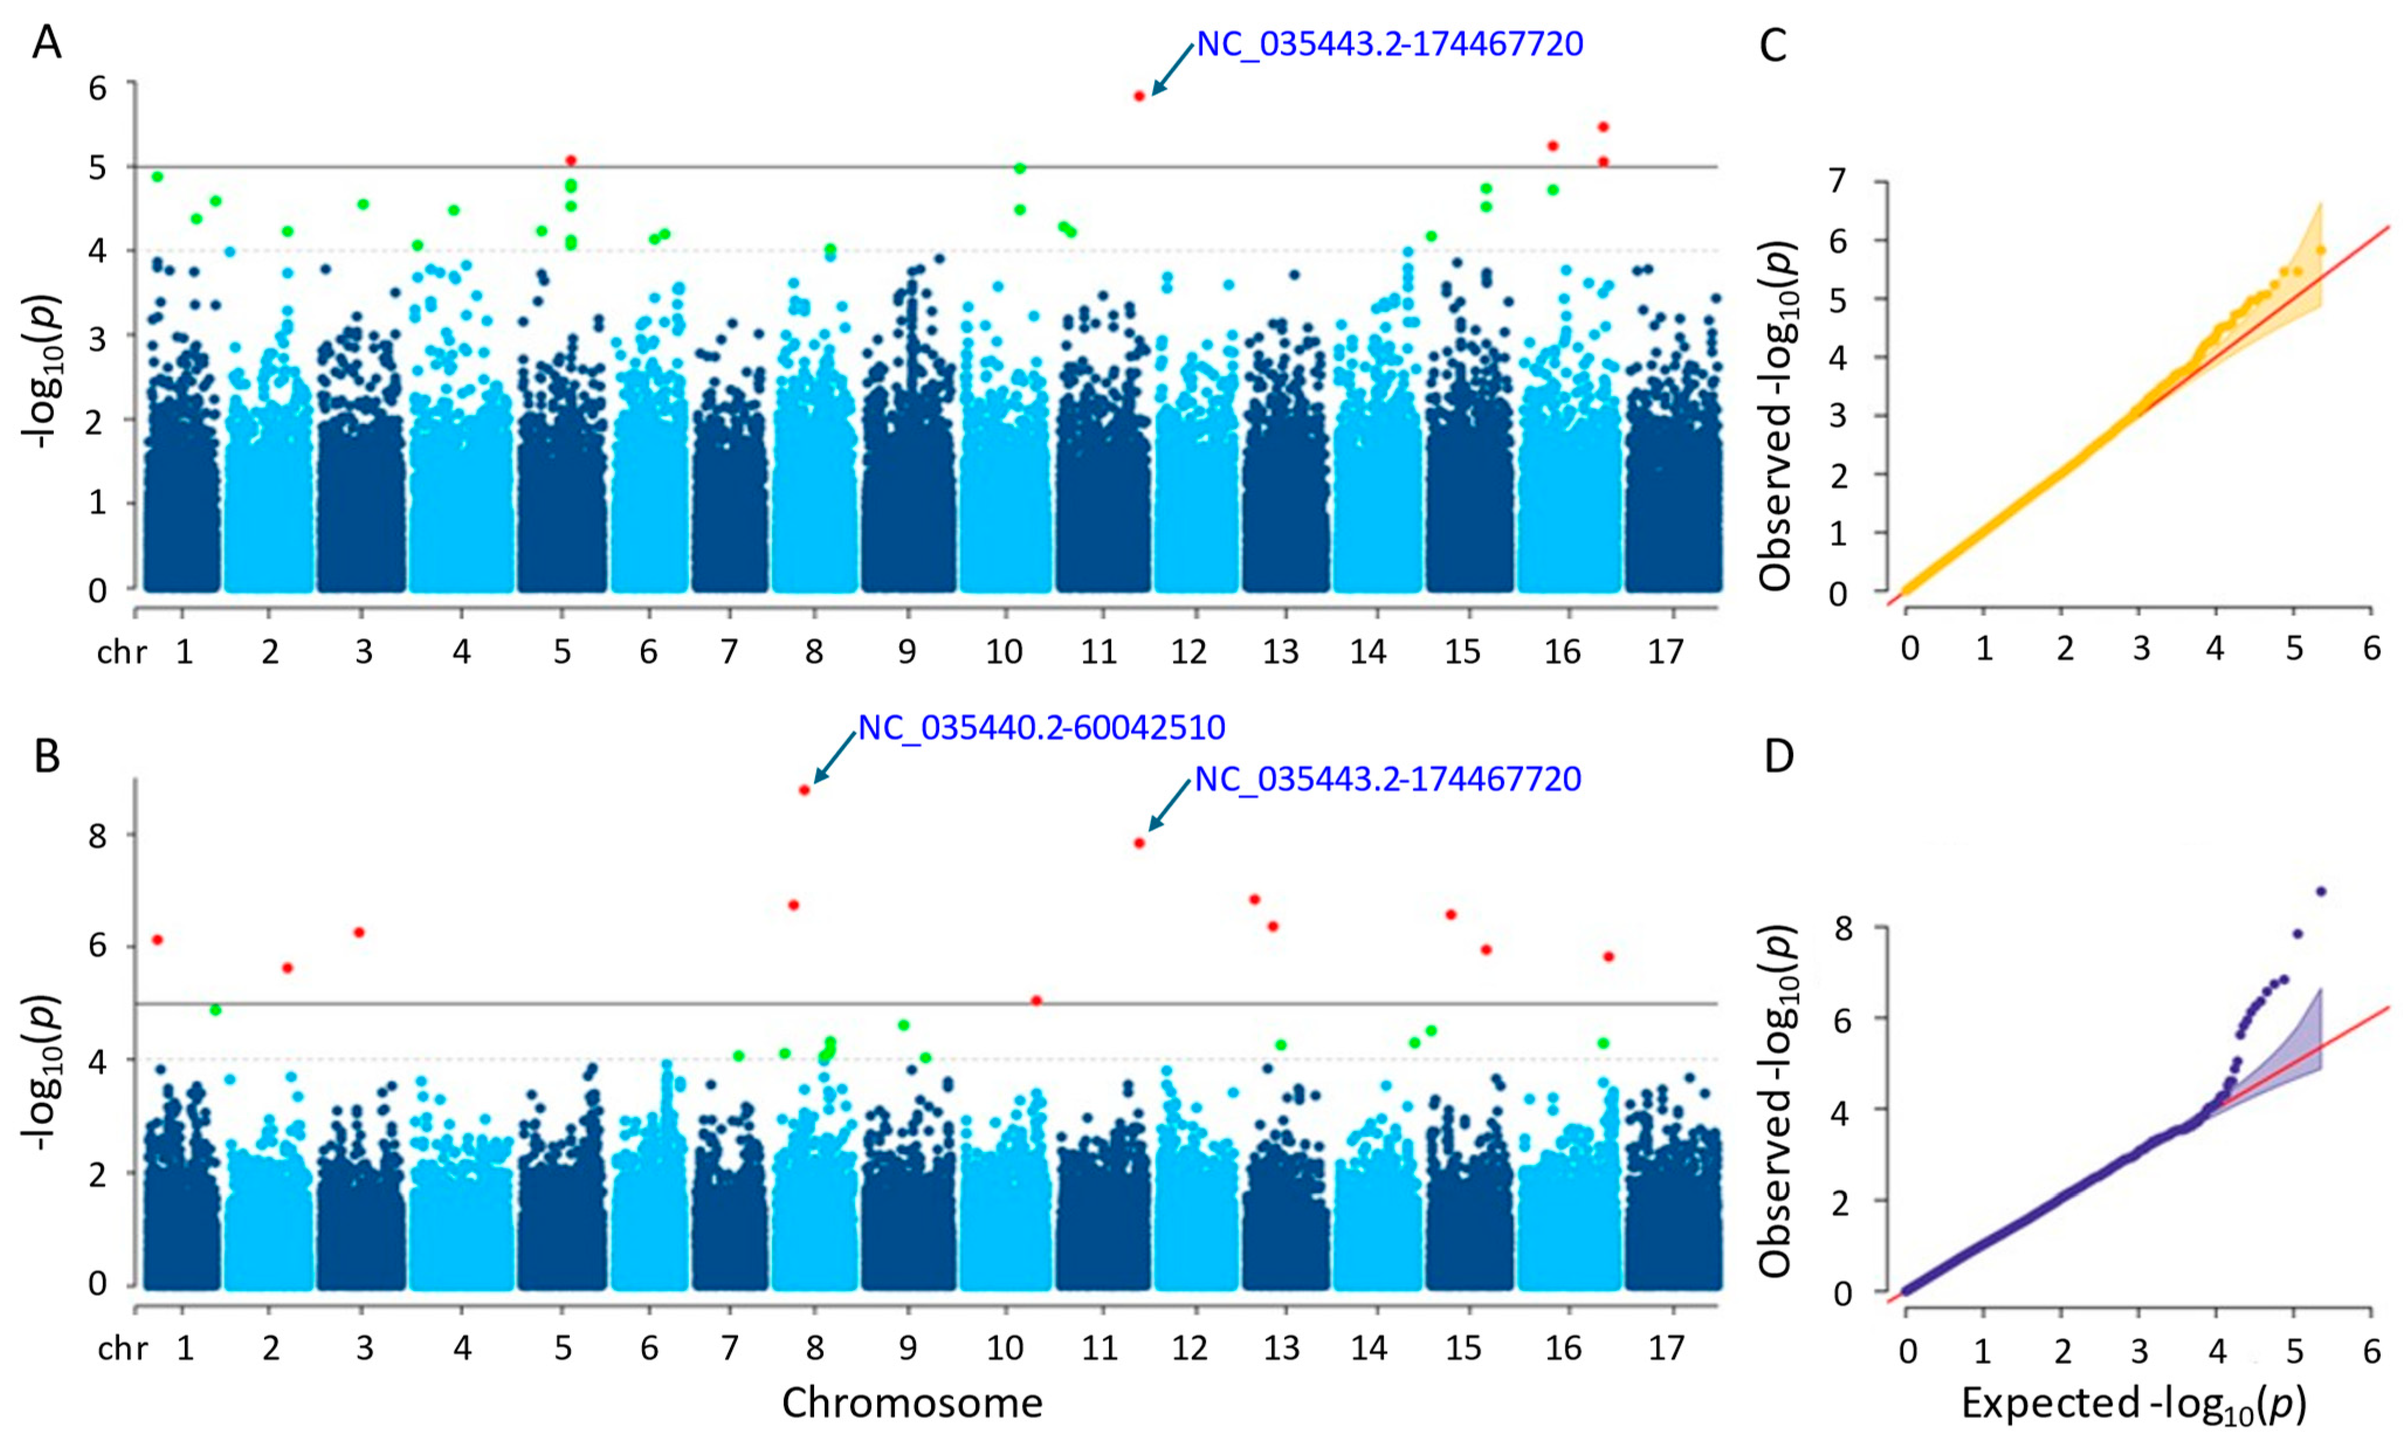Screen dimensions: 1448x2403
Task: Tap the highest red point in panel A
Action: click(1139, 95)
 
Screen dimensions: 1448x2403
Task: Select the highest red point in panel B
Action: click(805, 789)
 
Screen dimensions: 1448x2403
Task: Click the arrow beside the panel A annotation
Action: click(1171, 69)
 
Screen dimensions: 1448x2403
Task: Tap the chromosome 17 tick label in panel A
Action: click(1666, 651)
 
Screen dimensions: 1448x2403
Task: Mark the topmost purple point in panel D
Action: click(2321, 891)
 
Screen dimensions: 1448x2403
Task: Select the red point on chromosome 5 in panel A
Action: click(571, 160)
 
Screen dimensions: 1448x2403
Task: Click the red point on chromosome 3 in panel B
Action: click(359, 932)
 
